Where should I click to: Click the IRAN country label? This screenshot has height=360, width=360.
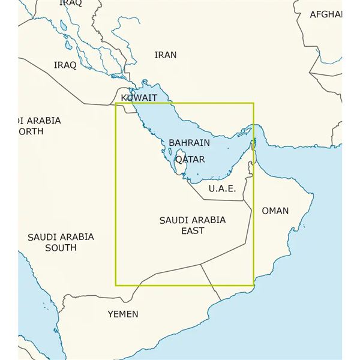pyautogui.click(x=166, y=55)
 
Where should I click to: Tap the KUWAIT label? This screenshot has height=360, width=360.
pyautogui.click(x=139, y=98)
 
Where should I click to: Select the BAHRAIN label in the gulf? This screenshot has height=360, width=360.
pyautogui.click(x=190, y=143)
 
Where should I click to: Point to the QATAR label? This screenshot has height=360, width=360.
pyautogui.click(x=190, y=160)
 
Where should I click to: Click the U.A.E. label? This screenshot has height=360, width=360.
pyautogui.click(x=222, y=189)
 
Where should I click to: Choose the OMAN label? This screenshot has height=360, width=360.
pyautogui.click(x=275, y=211)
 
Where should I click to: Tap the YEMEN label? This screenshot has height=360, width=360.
pyautogui.click(x=123, y=314)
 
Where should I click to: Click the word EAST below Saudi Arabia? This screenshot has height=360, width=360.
pyautogui.click(x=192, y=230)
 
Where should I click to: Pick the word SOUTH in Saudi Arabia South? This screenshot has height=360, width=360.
pyautogui.click(x=61, y=247)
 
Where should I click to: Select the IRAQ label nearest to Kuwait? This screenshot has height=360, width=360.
pyautogui.click(x=65, y=65)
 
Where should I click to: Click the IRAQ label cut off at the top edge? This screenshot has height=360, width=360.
pyautogui.click(x=71, y=4)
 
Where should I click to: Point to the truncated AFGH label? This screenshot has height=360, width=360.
pyautogui.click(x=325, y=14)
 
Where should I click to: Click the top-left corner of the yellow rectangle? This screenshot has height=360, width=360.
pyautogui.click(x=116, y=103)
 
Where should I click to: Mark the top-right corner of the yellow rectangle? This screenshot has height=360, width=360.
pyautogui.click(x=254, y=103)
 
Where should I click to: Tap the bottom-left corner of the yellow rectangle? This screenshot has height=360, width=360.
pyautogui.click(x=116, y=284)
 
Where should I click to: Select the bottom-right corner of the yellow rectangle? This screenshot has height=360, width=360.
pyautogui.click(x=254, y=284)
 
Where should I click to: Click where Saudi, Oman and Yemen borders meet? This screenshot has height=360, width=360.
pyautogui.click(x=200, y=263)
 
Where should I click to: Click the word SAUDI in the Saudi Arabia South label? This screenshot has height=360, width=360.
pyautogui.click(x=42, y=237)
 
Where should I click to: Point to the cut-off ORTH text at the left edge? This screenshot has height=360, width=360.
pyautogui.click(x=31, y=131)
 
